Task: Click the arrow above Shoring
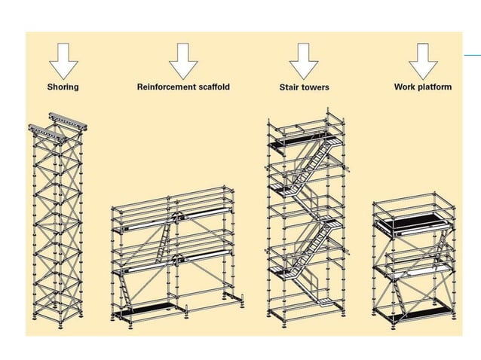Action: [63, 59]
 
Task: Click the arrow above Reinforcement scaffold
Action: [183, 59]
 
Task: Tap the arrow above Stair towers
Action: [304, 59]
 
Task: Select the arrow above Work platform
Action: [423, 59]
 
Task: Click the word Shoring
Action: [63, 87]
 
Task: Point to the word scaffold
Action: [213, 87]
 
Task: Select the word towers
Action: [316, 87]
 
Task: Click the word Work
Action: [405, 87]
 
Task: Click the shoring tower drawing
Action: [58, 226]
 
